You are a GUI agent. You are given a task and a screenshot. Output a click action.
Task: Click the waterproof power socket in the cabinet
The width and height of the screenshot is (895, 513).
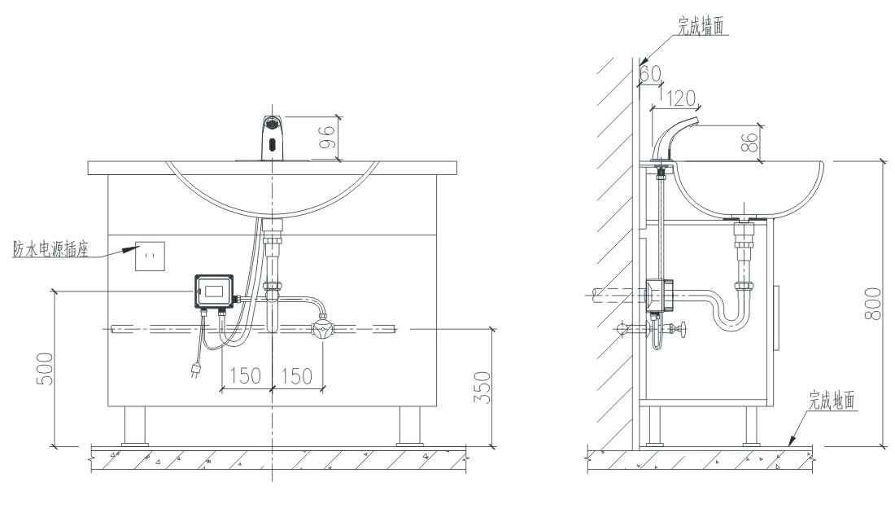[x=150, y=256]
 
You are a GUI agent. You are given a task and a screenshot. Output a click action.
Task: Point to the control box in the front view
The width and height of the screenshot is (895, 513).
[x=214, y=291]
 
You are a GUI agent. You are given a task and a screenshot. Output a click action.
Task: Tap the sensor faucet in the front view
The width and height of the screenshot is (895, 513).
[x=273, y=138]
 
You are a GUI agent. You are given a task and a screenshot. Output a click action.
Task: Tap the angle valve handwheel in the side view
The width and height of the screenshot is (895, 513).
[x=684, y=331]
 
